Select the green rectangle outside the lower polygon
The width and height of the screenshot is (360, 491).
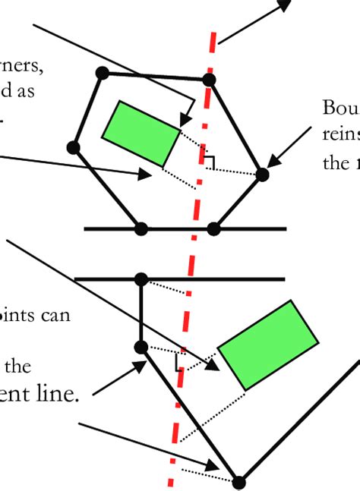coord(268,345)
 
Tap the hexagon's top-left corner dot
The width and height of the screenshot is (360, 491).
coord(103,73)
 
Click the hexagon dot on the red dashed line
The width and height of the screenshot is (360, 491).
coord(210,79)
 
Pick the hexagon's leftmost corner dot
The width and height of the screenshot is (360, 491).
coord(74,147)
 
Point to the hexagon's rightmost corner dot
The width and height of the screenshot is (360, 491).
coord(262,175)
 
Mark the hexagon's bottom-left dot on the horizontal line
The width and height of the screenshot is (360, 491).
coord(140,228)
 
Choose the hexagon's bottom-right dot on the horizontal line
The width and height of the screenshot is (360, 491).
coord(213,228)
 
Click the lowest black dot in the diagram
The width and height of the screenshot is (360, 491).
coord(239,482)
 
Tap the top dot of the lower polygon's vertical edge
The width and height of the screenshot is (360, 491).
coord(140,279)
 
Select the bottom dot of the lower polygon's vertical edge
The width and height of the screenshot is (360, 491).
coord(141,347)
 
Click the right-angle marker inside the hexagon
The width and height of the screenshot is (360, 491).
coord(209,161)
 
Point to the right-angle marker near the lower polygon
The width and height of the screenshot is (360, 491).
coord(181,361)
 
